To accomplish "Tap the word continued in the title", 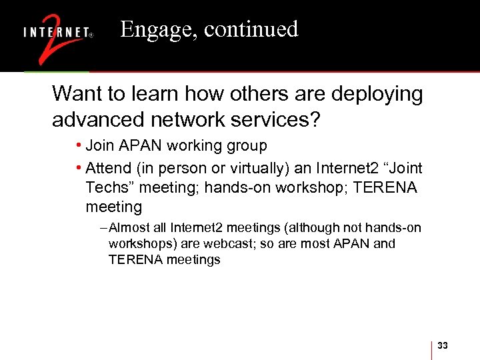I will [251, 29].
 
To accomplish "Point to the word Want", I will [74, 94].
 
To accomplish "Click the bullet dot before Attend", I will [79, 167].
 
